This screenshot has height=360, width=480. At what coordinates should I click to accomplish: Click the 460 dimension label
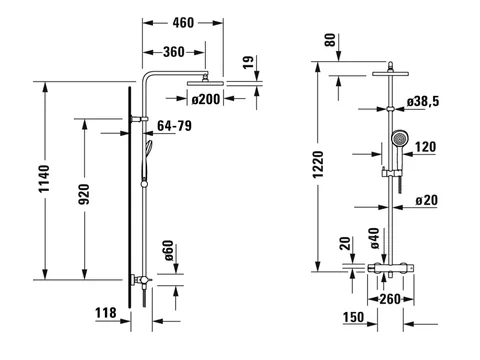click(183, 23)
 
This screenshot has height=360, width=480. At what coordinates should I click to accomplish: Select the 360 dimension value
click(174, 52)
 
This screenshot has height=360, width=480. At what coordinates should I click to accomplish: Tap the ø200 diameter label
click(206, 99)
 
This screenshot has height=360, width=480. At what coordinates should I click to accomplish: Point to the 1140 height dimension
click(44, 178)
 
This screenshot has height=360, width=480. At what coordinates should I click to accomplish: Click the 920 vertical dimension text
click(83, 194)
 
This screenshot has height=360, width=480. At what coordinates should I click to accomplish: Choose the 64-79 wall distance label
click(174, 126)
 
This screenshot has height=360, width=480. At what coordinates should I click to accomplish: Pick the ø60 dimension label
click(169, 251)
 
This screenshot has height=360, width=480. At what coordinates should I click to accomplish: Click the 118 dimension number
click(106, 313)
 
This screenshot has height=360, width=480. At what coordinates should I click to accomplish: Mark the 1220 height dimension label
click(318, 164)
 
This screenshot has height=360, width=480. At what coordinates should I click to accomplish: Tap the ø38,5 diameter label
click(423, 101)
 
